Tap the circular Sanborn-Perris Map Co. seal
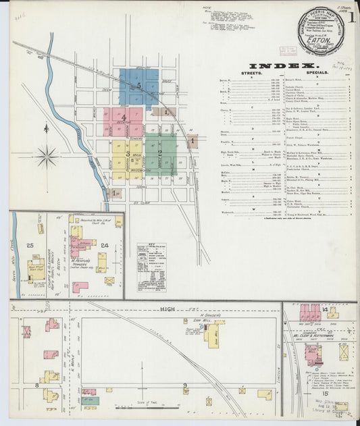point(320,31)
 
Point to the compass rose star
point(47,157)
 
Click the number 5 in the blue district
point(138,86)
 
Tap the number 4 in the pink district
point(124,117)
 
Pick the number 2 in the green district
point(159,153)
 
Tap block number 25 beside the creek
point(30,245)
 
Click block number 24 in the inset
point(105,245)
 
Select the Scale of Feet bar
point(132,407)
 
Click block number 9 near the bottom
point(184,385)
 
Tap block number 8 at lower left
point(36,385)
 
